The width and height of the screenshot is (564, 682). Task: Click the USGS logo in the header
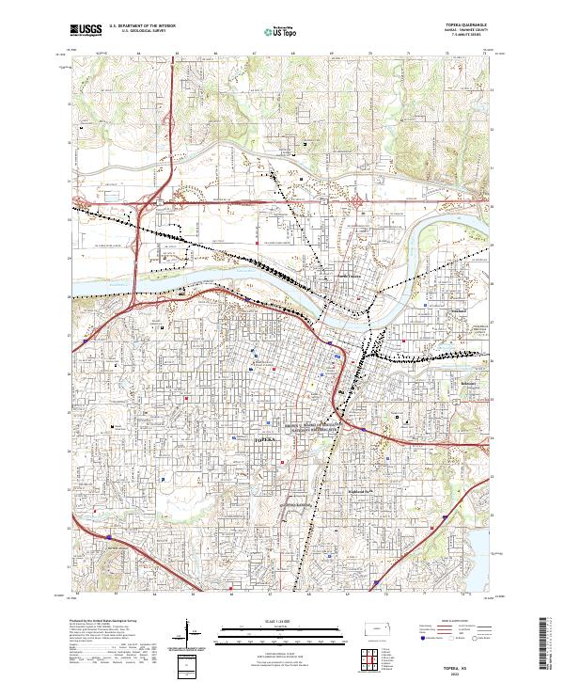[x=86, y=30]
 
